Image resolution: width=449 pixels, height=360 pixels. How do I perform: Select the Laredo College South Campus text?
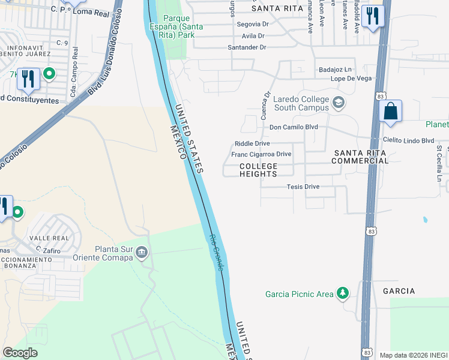[301, 103]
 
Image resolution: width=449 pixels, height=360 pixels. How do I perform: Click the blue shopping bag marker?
[390, 112]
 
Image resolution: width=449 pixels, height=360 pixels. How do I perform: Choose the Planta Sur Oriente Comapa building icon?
[142, 251]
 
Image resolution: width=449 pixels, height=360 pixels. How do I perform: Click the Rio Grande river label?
[217, 251]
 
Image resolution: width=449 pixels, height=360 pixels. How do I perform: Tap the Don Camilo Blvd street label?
[293, 127]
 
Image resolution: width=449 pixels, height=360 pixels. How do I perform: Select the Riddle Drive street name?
[252, 143]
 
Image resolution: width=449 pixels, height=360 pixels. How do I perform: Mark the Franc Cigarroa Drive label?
[261, 154]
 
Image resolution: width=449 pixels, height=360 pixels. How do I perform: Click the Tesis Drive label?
[303, 187]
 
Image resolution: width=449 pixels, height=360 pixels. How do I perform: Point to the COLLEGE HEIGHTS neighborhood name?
[259, 170]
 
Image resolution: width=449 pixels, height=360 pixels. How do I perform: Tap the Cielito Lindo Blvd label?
[409, 140]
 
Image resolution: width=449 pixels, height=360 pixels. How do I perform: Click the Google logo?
[20, 353]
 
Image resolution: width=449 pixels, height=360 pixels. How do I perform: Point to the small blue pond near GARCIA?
[425, 220]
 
